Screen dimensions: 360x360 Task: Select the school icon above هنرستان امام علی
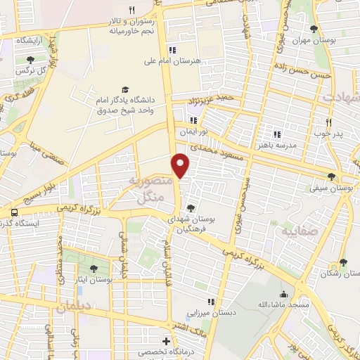(x=172, y=50)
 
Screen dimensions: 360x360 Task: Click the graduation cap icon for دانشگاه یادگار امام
(x=126, y=89)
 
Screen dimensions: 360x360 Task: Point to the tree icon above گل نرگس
(x=30, y=60)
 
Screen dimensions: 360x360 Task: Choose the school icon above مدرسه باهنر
(x=277, y=134)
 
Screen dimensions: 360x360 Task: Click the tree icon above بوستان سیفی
(x=333, y=177)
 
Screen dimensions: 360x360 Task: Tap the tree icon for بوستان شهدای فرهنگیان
(x=191, y=208)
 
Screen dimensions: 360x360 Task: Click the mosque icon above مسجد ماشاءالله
(x=284, y=294)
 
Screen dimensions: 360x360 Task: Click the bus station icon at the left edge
(x=14, y=212)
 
